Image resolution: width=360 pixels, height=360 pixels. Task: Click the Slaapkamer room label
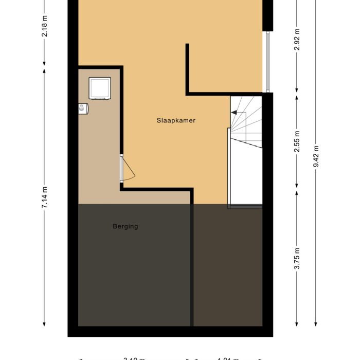(176, 120)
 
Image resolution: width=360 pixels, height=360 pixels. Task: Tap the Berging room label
(125, 226)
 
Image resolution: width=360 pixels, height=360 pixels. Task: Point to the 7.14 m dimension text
(45, 197)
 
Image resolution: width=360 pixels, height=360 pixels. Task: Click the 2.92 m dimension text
(297, 42)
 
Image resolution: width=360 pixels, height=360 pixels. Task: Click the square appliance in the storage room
(100, 88)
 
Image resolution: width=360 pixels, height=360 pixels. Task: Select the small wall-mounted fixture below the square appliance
(83, 108)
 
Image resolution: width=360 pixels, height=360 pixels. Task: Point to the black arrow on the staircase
(235, 112)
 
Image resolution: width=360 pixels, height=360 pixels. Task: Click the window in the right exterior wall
(266, 62)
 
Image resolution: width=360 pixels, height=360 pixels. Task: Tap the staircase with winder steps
(246, 122)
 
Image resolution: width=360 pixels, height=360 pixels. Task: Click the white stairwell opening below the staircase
(245, 175)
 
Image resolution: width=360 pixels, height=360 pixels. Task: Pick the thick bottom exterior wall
(170, 332)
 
